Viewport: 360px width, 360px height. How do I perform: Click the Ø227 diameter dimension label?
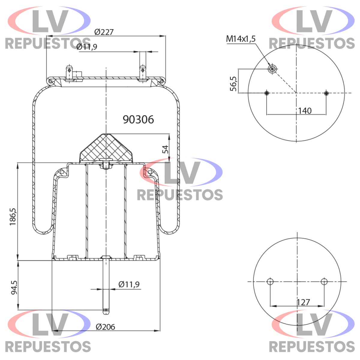[x=104, y=32]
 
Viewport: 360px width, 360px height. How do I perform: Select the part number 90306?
[x=138, y=119]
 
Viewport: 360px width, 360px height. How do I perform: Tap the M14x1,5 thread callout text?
[x=241, y=39]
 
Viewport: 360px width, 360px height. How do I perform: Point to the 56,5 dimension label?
[x=233, y=84]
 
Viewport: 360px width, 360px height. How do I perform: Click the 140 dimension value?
[x=305, y=111]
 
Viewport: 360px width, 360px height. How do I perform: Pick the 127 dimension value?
[x=303, y=302]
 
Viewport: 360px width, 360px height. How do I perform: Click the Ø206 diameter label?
[x=105, y=327]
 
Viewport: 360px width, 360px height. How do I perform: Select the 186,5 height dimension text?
[x=13, y=217]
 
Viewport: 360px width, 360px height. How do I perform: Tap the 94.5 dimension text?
[x=14, y=287]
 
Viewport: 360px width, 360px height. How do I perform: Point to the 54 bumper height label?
[x=165, y=149]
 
